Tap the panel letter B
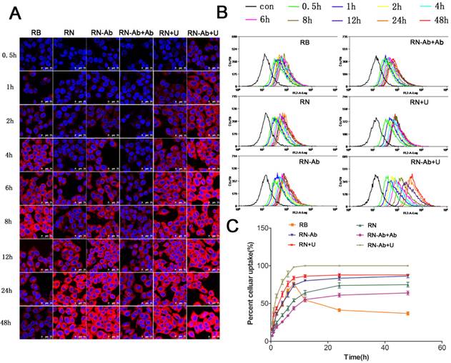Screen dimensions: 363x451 [x=223, y=12]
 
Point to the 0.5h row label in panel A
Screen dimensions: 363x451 [x=10, y=54]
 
